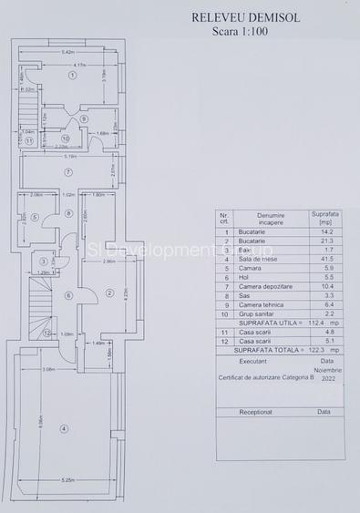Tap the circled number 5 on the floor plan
tap(34, 217)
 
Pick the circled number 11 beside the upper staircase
tap(30, 141)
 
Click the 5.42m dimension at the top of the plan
tap(67, 52)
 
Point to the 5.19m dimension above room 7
tap(68, 156)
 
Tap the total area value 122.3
tap(313, 351)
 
